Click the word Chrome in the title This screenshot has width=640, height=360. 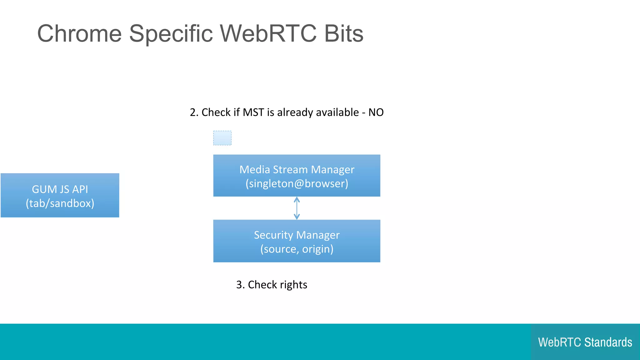pyautogui.click(x=79, y=33)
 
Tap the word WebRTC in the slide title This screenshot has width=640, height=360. pyautogui.click(x=268, y=33)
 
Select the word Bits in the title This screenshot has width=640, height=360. pyautogui.click(x=344, y=33)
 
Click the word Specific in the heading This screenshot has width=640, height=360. pyautogui.click(x=171, y=33)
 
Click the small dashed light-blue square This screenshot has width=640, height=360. pyautogui.click(x=222, y=138)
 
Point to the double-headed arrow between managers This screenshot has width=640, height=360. pyautogui.click(x=297, y=208)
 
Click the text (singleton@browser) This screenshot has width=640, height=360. pyautogui.click(x=297, y=183)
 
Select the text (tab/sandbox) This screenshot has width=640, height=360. pyautogui.click(x=60, y=203)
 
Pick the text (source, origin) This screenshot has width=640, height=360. pyautogui.click(x=297, y=249)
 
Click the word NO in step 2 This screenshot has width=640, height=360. pyautogui.click(x=376, y=112)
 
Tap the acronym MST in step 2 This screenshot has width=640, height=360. pyautogui.click(x=253, y=112)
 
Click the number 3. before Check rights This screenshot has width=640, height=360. pyautogui.click(x=240, y=285)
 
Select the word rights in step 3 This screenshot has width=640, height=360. pyautogui.click(x=293, y=285)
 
